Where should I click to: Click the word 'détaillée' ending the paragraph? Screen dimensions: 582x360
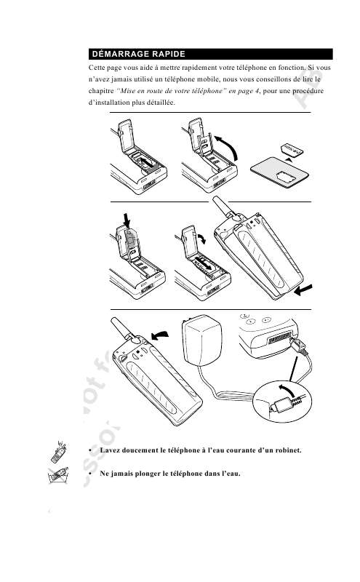tap(158, 106)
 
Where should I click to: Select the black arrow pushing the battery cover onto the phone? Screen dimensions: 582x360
tap(306, 290)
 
